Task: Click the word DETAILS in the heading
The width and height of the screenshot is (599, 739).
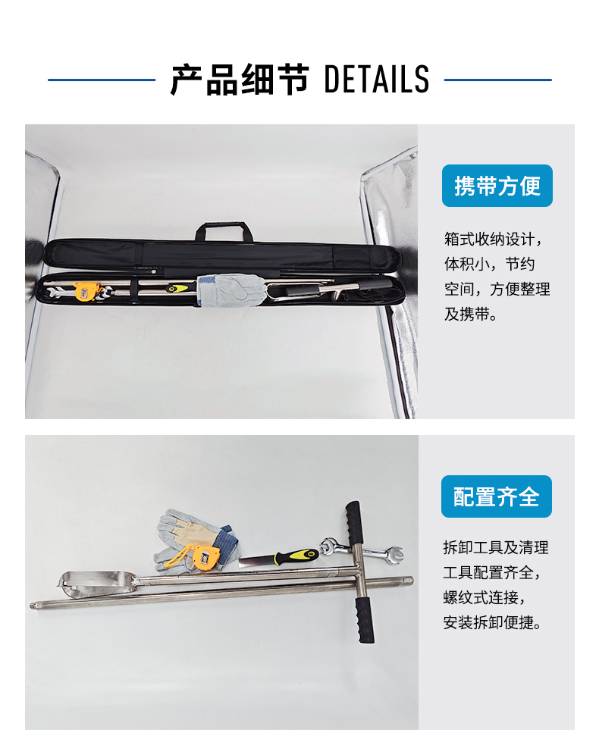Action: click(376, 79)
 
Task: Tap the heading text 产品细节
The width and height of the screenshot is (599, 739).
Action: click(239, 80)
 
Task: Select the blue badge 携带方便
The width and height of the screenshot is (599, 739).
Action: click(497, 186)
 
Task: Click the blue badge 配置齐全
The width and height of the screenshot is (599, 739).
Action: click(496, 496)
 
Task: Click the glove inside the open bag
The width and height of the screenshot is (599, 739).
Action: click(231, 290)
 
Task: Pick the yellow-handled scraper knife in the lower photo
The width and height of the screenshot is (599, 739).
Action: click(278, 559)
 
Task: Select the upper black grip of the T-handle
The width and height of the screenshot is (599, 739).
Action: click(354, 521)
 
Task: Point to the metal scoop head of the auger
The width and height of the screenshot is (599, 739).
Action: click(98, 580)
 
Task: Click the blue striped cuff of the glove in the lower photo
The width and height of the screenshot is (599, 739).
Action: click(228, 544)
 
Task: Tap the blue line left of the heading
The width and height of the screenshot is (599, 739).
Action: click(102, 80)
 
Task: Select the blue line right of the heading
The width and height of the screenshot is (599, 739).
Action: click(497, 80)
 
